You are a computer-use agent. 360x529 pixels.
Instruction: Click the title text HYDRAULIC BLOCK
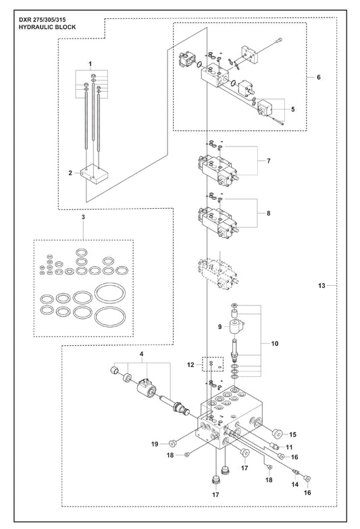(x=47, y=27)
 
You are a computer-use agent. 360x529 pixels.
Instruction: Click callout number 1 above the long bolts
(x=90, y=64)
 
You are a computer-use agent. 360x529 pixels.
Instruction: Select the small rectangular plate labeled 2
(x=94, y=174)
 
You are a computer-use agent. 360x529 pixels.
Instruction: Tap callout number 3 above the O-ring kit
(x=83, y=217)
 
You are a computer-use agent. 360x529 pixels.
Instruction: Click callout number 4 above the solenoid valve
(x=142, y=354)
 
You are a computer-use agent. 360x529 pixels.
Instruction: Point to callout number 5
(x=293, y=109)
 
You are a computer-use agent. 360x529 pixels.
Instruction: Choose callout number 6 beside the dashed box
(x=319, y=77)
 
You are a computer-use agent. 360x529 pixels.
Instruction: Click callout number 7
(x=269, y=161)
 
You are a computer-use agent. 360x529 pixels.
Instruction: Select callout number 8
(x=269, y=213)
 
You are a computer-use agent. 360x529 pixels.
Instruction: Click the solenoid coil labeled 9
(x=237, y=327)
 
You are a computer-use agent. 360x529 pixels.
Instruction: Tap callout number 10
(x=275, y=344)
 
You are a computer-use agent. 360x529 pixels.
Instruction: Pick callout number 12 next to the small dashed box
(x=190, y=365)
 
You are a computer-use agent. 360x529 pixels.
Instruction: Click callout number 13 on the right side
(x=322, y=286)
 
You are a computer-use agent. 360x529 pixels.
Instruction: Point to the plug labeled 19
(x=172, y=443)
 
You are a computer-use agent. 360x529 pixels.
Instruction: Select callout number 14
(x=295, y=484)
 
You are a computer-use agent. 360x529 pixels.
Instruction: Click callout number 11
(x=289, y=447)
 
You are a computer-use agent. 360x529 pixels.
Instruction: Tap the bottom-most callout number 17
(x=215, y=495)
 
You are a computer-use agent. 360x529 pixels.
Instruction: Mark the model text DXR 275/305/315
(x=42, y=20)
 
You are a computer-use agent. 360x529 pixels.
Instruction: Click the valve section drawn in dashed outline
(x=219, y=272)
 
